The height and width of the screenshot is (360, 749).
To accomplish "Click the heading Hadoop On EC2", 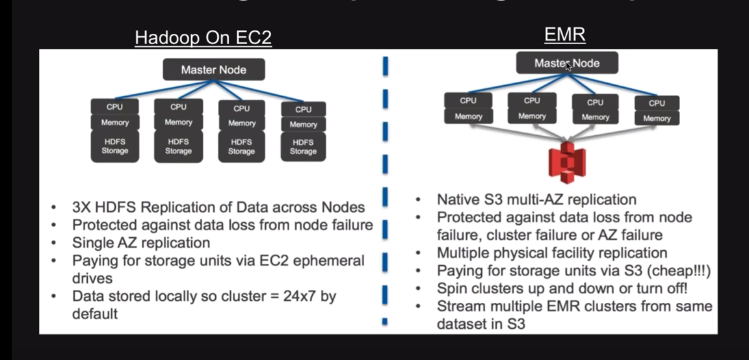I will tap(203, 38).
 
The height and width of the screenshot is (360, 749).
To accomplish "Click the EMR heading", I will tap(564, 34).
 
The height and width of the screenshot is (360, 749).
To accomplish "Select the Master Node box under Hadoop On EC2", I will tap(213, 70).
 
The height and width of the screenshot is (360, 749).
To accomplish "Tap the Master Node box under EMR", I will tap(567, 63).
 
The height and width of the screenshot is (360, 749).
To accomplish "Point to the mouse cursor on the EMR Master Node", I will tap(568, 66).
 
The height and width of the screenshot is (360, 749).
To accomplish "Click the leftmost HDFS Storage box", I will tap(114, 146).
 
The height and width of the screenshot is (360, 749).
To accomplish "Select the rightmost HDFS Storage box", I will tap(303, 147).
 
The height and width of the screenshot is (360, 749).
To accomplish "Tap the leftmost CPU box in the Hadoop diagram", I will tap(114, 107).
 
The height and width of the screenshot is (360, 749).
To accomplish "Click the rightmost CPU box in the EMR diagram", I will tap(657, 103).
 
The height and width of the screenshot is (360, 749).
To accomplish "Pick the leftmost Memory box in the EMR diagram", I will tap(468, 116).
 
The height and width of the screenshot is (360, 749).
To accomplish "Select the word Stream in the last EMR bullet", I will tap(458, 306).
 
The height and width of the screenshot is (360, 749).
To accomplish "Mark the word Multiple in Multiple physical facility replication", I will tap(462, 253).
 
